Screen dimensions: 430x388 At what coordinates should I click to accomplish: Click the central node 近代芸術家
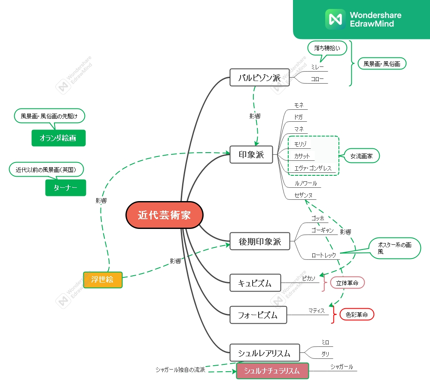pos(164,215)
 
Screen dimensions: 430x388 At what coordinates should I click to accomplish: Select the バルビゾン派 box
pos(259,78)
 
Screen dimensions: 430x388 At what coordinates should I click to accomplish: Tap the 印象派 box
pos(251,155)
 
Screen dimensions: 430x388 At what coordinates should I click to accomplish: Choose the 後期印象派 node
pos(260,241)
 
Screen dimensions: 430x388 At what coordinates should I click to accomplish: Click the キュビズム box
pos(255,283)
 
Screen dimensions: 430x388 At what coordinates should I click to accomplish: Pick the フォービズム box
pos(258,315)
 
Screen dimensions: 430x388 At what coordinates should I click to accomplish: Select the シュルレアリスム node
pos(265,353)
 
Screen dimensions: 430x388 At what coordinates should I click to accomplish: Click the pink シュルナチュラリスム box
pos(272,371)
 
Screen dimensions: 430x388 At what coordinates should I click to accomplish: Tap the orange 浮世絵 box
pos(103,280)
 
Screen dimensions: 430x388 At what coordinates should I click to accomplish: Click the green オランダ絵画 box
pos(58,138)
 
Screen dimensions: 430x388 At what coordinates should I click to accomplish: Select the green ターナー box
pos(66,188)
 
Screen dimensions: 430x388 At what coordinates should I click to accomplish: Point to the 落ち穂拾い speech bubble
pos(327,48)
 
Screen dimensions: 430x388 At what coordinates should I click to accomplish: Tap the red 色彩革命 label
pos(357,315)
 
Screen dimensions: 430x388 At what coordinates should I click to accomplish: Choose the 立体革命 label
pos(347,283)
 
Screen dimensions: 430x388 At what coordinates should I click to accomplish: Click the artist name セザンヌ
pos(303,195)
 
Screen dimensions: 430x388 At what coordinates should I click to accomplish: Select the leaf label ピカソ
pos(308,278)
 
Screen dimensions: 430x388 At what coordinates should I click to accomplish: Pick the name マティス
pos(317,310)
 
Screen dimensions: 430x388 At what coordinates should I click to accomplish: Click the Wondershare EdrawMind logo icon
pos(335,19)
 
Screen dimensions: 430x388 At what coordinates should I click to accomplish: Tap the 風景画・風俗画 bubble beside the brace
pos(382,64)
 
